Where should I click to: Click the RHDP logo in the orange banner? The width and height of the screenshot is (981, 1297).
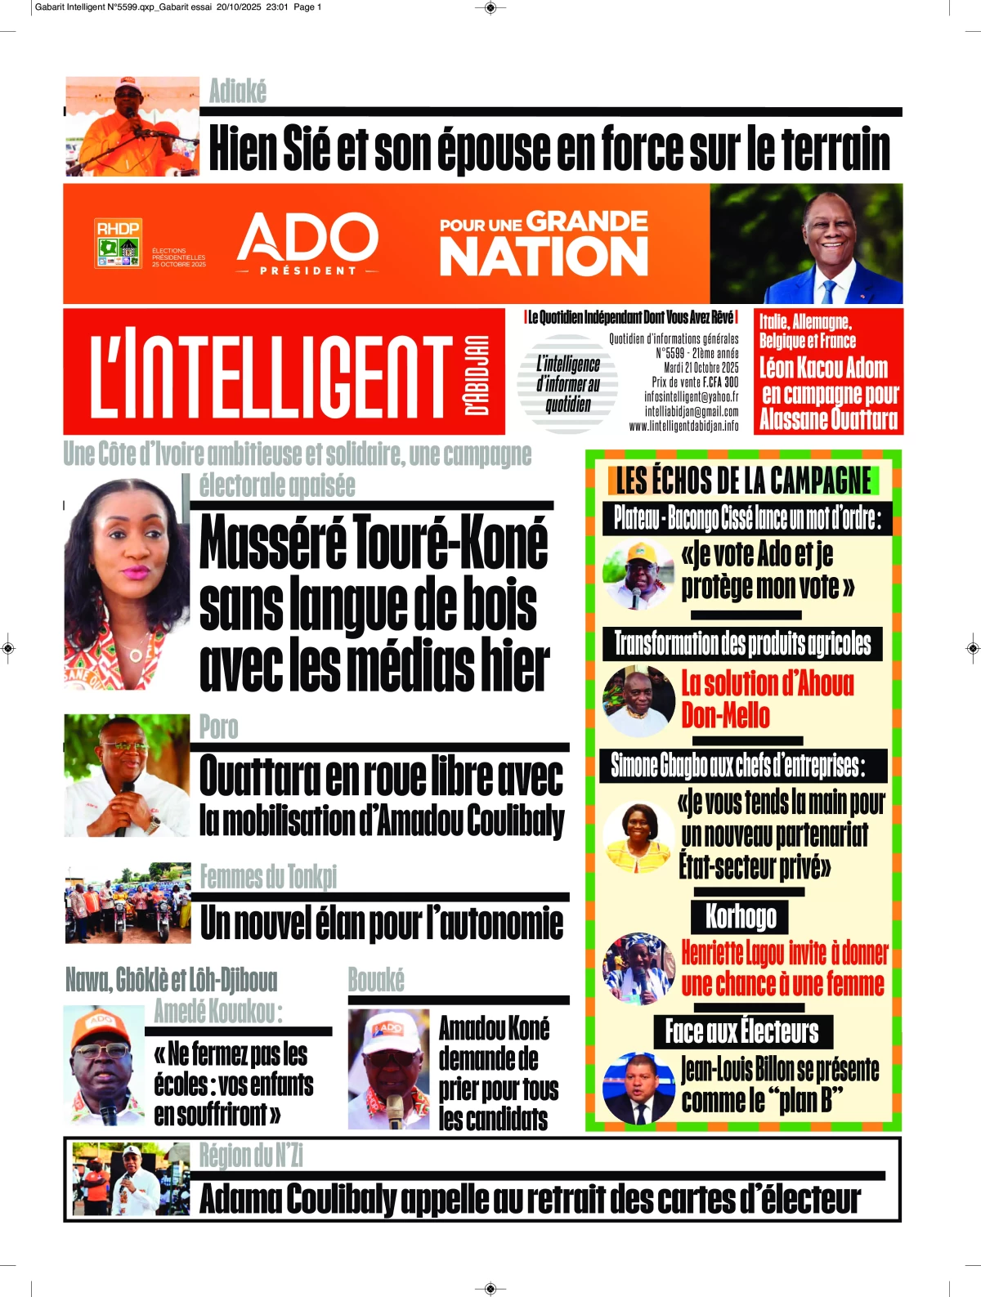point(119,243)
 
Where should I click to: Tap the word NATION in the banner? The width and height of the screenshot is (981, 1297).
point(544,257)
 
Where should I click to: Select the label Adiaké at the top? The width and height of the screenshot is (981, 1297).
point(238,91)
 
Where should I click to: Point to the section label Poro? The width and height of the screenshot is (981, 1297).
point(219,727)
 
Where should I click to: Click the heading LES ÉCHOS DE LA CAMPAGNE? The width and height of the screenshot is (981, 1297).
point(743,481)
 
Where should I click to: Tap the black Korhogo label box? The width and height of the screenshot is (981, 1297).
point(741,916)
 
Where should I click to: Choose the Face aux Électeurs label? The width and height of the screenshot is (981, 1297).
point(741,1031)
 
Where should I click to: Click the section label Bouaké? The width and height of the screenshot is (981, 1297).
point(376,979)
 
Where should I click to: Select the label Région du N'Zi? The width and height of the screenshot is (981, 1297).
point(251,1155)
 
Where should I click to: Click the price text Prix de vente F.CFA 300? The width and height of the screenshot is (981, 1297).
point(695,382)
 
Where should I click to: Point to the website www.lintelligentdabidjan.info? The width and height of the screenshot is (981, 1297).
point(683,426)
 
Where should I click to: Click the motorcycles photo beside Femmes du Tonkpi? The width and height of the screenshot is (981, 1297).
point(128,902)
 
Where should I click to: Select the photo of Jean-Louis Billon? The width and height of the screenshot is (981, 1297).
point(638,1088)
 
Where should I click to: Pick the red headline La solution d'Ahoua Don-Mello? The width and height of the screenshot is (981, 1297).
point(767,699)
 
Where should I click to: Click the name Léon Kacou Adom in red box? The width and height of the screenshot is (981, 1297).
point(823,368)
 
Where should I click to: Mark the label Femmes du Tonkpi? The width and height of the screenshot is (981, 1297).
point(268,877)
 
